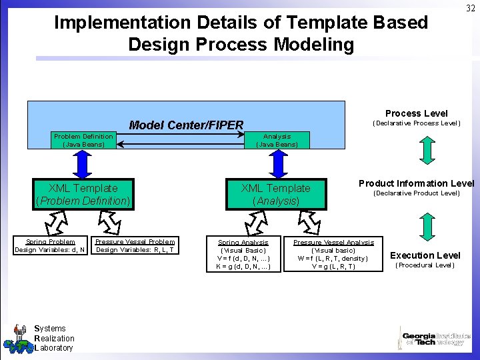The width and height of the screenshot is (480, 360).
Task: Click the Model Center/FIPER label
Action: pyautogui.click(x=186, y=125)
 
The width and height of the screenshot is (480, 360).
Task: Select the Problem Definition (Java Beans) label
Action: pyautogui.click(x=83, y=140)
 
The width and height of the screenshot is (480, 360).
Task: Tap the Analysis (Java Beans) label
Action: pyautogui.click(x=277, y=140)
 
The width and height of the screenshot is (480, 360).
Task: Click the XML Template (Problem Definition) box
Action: pyautogui.click(x=83, y=194)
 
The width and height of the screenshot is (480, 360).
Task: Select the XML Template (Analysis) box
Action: pyautogui.click(x=275, y=194)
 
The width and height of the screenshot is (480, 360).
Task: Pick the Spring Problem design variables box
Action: pyautogui.click(x=50, y=246)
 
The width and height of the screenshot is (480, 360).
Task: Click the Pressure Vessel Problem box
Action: pyautogui.click(x=135, y=246)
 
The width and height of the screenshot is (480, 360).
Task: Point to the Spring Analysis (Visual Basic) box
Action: pyautogui.click(x=243, y=254)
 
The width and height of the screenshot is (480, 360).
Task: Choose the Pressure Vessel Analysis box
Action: pyautogui.click(x=333, y=254)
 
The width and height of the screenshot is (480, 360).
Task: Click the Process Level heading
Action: pyautogui.click(x=416, y=113)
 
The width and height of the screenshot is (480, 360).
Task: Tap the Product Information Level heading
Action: pyautogui.click(x=416, y=183)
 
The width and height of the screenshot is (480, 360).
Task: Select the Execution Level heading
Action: pyautogui.click(x=425, y=255)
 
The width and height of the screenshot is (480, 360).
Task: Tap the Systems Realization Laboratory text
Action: pyautogui.click(x=53, y=338)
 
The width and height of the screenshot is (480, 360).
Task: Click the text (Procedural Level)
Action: pyautogui.click(x=425, y=265)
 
